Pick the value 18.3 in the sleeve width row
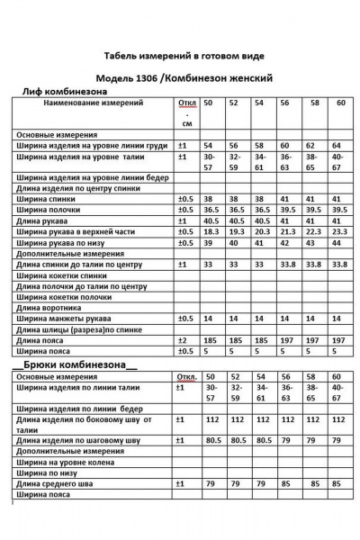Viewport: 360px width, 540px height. [211, 231]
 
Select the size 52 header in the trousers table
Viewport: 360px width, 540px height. [236, 376]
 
